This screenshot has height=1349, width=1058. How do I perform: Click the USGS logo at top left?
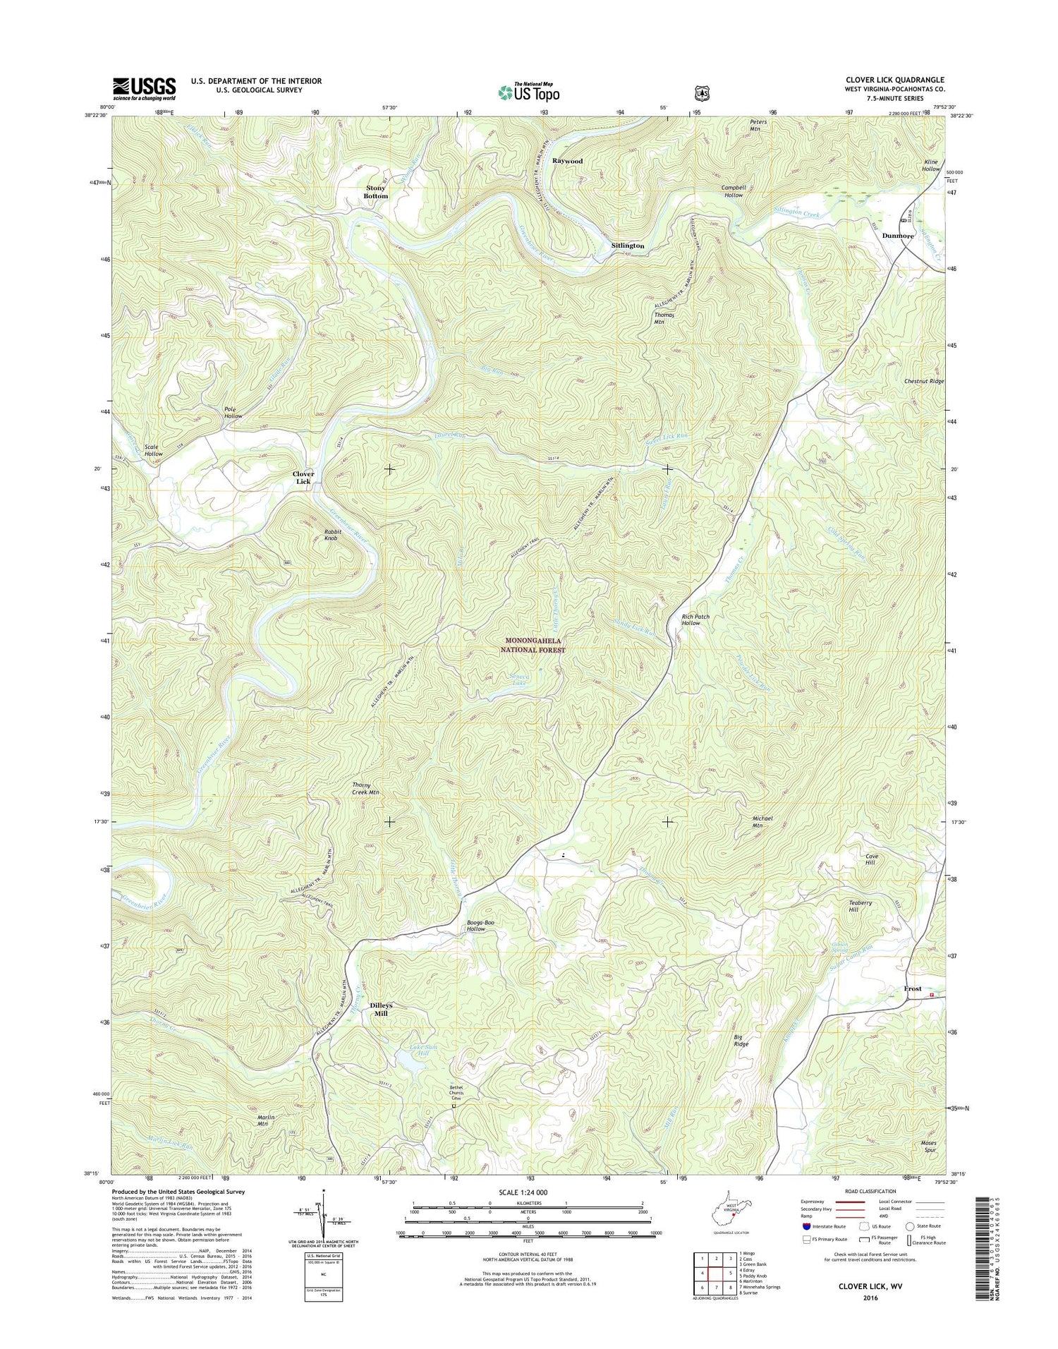click(x=144, y=87)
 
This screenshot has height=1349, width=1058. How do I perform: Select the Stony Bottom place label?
click(x=376, y=192)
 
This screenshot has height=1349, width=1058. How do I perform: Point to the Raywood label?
click(x=567, y=161)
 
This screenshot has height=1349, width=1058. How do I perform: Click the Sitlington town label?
click(x=627, y=246)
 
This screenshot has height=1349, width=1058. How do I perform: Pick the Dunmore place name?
click(x=898, y=236)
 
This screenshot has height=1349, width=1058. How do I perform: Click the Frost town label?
click(x=913, y=988)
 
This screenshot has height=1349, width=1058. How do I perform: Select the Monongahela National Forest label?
click(x=533, y=645)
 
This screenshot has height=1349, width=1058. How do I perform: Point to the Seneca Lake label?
click(x=519, y=679)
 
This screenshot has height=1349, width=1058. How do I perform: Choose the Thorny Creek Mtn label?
click(x=366, y=788)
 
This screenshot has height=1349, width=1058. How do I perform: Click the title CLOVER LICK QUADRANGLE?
click(x=895, y=80)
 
